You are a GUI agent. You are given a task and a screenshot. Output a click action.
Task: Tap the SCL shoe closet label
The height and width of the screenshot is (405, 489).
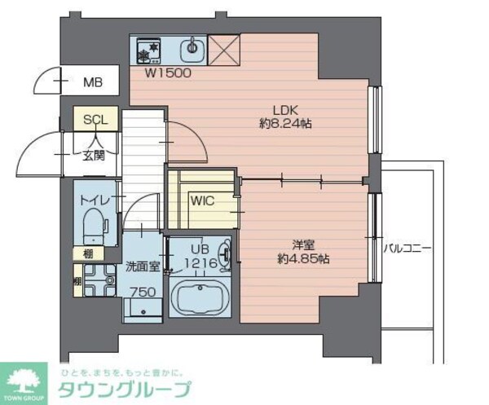[x=95, y=119]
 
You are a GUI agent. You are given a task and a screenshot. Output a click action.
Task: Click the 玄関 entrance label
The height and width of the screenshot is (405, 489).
[x=92, y=156]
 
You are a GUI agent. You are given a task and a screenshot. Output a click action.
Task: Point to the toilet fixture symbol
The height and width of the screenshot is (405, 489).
[x=95, y=226]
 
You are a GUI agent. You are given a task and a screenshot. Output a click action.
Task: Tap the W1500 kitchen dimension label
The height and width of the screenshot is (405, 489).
[x=168, y=73]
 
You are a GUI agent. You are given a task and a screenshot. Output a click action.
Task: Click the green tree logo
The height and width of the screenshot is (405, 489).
[x=26, y=379]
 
